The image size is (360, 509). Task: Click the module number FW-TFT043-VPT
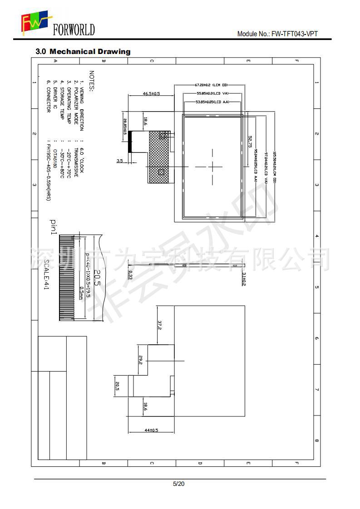[x=277, y=34]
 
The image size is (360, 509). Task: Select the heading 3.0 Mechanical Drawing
[x=83, y=52]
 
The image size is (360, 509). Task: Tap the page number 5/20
[x=179, y=484]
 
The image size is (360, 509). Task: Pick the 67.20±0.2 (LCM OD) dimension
[x=211, y=85]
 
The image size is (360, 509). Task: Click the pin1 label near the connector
[x=53, y=227]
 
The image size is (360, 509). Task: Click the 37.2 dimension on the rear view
[x=160, y=325]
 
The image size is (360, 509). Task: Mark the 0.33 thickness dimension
[x=130, y=274]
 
